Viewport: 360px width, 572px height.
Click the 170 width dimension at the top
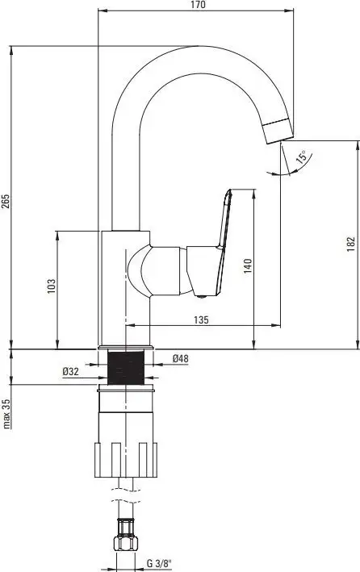pyautogui.click(x=199, y=6)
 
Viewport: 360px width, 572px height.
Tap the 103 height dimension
pyautogui.click(x=51, y=286)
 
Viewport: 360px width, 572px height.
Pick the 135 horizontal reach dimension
pyautogui.click(x=202, y=320)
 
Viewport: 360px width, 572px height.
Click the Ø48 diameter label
pyautogui.click(x=181, y=359)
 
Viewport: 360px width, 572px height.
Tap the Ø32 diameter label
pyautogui.click(x=70, y=371)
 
